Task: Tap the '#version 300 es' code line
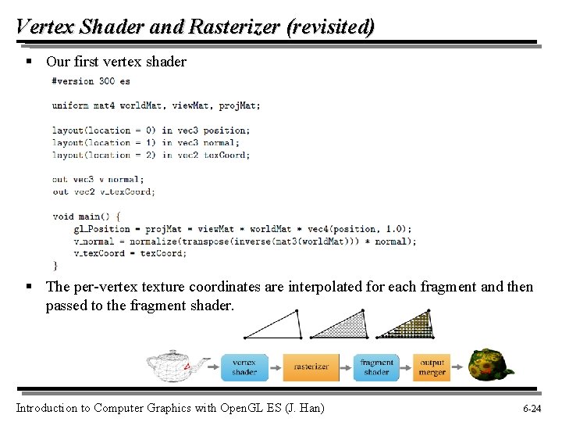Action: coord(91,80)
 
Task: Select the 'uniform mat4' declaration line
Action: coord(156,105)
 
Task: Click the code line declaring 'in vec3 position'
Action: coord(151,131)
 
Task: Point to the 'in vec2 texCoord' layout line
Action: coord(151,155)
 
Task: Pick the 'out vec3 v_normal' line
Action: coord(98,180)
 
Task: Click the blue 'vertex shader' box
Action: coord(244,367)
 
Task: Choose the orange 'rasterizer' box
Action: coord(311,367)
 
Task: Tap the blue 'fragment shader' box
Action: coord(376,367)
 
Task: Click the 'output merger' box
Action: coord(432,367)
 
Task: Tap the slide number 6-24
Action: coord(532,408)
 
